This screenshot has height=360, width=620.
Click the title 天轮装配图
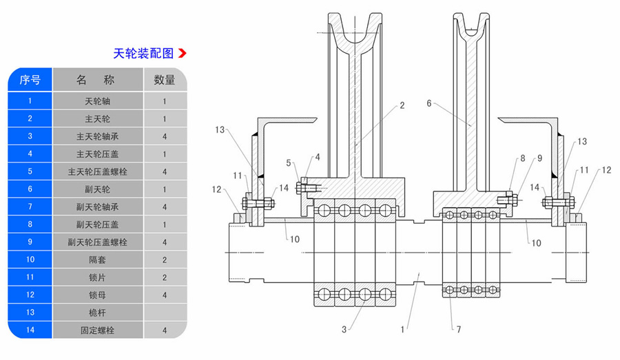[144, 53]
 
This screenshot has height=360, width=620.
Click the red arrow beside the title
[183, 53]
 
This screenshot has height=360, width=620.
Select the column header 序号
[30, 80]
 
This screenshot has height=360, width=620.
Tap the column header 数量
[165, 80]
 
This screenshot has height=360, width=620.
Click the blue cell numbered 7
[30, 207]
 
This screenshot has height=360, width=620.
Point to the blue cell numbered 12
[30, 295]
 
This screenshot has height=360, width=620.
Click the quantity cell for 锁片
[165, 277]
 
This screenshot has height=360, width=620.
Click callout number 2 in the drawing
[402, 106]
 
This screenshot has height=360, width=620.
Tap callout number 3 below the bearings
[342, 329]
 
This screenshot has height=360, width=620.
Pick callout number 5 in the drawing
[289, 162]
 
